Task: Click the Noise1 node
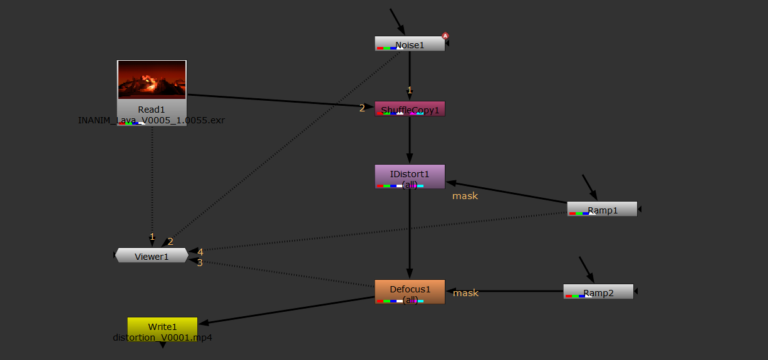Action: click(x=410, y=44)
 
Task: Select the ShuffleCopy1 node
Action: click(x=410, y=109)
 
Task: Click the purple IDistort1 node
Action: click(x=410, y=176)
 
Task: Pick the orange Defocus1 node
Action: click(x=410, y=291)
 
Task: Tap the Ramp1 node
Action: click(x=602, y=209)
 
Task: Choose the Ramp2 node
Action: click(x=598, y=292)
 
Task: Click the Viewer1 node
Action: click(x=152, y=255)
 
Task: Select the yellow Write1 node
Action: click(x=162, y=326)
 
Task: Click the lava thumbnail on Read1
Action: click(x=152, y=80)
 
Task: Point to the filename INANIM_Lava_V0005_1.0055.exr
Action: click(x=152, y=120)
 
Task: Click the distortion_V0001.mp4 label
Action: click(x=162, y=337)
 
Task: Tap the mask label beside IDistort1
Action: click(x=465, y=196)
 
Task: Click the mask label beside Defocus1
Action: click(x=465, y=293)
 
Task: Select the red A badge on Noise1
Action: click(x=445, y=36)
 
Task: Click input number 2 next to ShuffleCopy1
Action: click(x=362, y=108)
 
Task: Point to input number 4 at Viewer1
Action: click(x=200, y=252)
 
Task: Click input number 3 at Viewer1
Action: click(x=200, y=263)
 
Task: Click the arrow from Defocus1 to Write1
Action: click(x=288, y=310)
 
